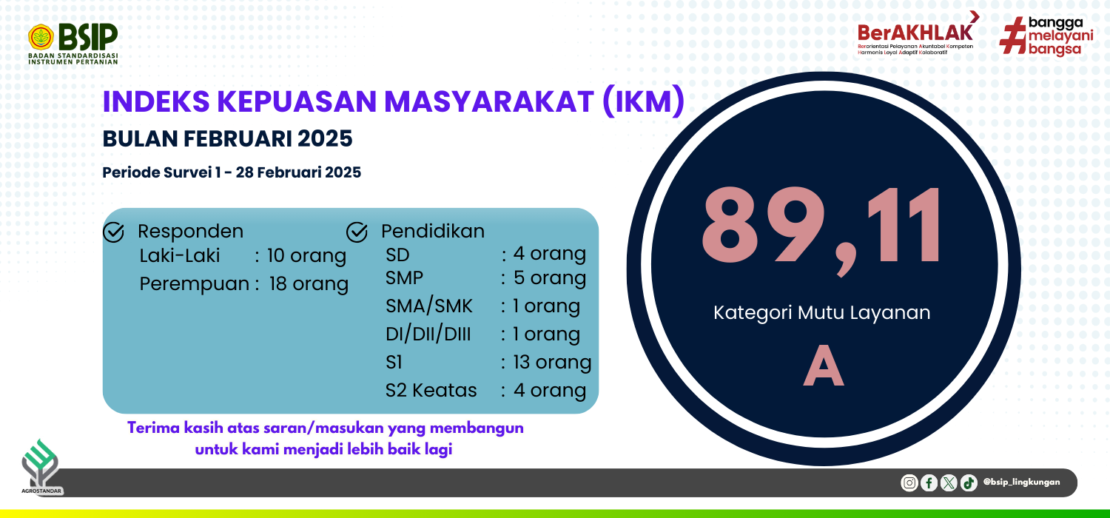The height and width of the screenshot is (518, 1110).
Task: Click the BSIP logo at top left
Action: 73,44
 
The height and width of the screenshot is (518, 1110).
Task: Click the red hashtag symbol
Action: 1012,36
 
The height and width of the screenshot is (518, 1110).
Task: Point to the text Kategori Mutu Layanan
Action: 821,313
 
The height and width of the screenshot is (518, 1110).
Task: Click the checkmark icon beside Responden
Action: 113,232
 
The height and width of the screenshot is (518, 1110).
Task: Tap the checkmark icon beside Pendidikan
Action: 357,232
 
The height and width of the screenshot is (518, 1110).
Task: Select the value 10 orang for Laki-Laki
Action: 306,256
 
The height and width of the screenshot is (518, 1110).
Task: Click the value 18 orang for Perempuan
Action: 309,284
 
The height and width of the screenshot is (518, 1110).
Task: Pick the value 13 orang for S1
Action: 552,363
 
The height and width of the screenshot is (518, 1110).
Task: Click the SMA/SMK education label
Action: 429,306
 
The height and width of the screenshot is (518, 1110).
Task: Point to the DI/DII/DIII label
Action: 428,334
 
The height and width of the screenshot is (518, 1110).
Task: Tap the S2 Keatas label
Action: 431,391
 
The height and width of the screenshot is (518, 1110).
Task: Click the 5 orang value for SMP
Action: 550,278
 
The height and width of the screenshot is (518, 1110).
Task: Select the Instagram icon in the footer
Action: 909,482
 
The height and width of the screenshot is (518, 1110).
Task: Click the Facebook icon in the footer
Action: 929,482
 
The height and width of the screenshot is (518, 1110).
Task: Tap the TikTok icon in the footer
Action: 969,482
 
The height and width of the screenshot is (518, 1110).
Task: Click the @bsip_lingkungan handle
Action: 1021,482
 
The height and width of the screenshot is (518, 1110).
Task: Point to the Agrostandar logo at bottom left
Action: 41,467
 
